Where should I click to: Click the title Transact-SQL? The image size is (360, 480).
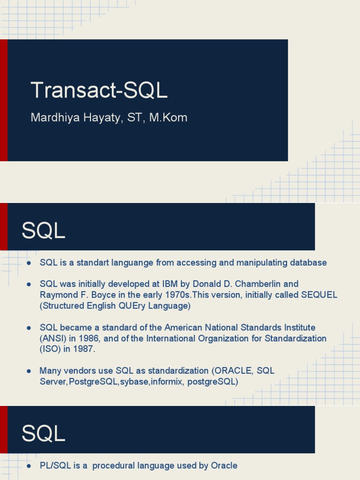tap(99, 90)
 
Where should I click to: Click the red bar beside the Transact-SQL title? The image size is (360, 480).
tap(4, 100)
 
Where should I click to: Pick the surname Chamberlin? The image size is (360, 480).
tap(260, 284)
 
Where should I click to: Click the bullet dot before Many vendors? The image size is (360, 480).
tap(29, 371)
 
